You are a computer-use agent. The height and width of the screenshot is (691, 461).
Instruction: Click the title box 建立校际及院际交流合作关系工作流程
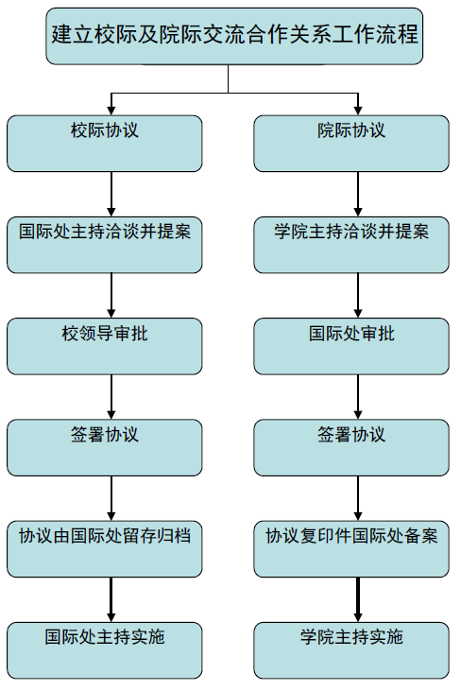[x=234, y=36]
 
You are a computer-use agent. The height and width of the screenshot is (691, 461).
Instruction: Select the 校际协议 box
[x=104, y=144]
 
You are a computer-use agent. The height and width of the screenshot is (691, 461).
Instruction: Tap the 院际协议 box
[x=351, y=144]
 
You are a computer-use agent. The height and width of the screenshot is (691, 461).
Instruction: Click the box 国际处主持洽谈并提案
[x=104, y=245]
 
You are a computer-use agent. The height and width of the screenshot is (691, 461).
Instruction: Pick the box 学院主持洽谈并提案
[x=351, y=245]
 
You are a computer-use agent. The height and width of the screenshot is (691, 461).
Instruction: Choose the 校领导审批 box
[x=104, y=346]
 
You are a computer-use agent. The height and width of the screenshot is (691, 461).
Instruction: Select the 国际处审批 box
[x=351, y=346]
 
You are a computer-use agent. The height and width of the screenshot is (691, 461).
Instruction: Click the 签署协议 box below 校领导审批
[x=104, y=448]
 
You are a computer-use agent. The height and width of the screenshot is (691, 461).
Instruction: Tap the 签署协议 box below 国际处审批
[x=351, y=448]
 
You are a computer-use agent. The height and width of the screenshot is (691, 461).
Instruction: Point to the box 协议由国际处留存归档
[x=104, y=549]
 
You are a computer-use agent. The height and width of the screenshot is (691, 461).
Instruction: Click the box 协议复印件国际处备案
[x=351, y=549]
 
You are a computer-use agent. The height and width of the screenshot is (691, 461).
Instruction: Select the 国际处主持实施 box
[x=104, y=650]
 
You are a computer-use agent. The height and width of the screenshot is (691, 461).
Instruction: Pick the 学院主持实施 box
[x=351, y=650]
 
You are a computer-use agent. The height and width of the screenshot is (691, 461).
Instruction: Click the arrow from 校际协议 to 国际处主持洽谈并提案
[x=111, y=195]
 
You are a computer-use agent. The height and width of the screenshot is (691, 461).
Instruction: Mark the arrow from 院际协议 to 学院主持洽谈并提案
[x=358, y=195]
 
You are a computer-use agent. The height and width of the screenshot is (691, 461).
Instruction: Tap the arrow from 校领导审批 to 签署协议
[x=111, y=397]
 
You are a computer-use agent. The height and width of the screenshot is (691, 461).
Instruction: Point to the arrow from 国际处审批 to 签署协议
[x=358, y=397]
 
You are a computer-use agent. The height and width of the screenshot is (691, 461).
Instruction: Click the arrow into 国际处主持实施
[x=111, y=599]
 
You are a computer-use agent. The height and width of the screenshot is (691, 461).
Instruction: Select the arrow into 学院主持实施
[x=358, y=599]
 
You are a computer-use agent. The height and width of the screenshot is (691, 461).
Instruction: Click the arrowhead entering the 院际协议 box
[x=358, y=111]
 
